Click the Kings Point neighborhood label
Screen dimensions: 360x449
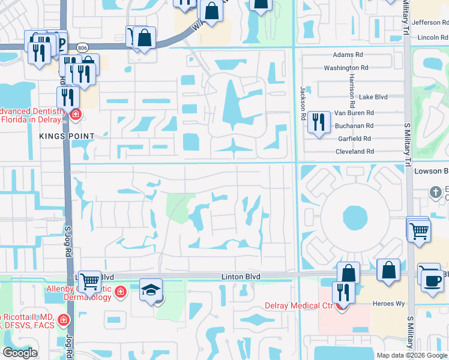[x=59, y=136]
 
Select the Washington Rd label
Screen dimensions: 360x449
[x=346, y=68]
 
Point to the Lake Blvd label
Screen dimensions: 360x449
[x=373, y=97]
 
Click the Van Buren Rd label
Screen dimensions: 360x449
[x=354, y=113]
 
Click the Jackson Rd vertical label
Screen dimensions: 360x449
[x=303, y=102]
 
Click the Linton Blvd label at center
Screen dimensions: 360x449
[x=241, y=276]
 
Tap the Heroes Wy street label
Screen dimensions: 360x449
[x=390, y=304]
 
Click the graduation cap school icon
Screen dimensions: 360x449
[x=150, y=291]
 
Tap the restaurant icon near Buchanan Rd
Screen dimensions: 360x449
[x=318, y=122]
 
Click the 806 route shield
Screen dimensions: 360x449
[x=82, y=47]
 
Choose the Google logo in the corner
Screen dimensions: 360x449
[x=20, y=353]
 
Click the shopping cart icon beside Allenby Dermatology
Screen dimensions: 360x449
[x=89, y=280]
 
